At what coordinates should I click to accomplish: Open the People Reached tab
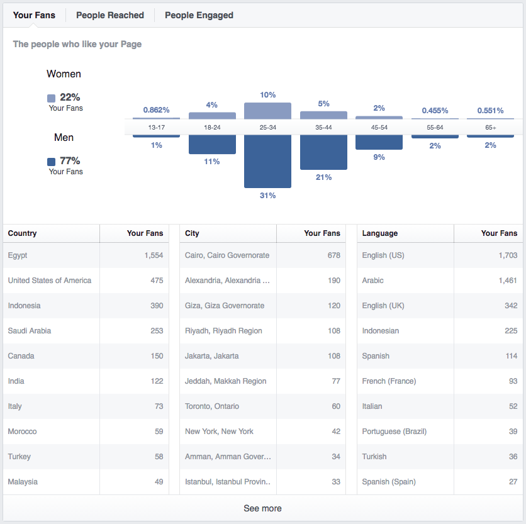tap(110, 16)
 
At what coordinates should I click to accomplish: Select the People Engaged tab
tap(199, 16)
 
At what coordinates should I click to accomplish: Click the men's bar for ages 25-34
tap(267, 162)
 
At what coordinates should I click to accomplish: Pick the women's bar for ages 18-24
tap(212, 116)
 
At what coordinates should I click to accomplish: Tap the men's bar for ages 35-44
tap(324, 152)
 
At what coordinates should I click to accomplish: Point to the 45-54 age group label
tap(379, 128)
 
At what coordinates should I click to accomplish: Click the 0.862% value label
tap(156, 110)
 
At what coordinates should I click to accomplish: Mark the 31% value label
tap(267, 196)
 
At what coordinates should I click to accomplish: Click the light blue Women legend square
tap(52, 98)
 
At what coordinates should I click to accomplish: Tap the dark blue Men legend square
tap(52, 162)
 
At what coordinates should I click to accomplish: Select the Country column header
tap(22, 233)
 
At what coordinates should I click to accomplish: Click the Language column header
tap(380, 233)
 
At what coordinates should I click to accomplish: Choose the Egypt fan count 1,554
tap(154, 255)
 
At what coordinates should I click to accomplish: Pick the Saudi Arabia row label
tap(30, 331)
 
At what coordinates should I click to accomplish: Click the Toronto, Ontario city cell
tap(212, 406)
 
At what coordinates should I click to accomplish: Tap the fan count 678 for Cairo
tap(334, 255)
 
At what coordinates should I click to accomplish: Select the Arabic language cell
tap(372, 281)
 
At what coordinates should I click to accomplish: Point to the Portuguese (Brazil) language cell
tap(394, 432)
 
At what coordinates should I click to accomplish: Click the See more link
tap(262, 508)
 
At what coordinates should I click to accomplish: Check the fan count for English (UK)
tap(511, 306)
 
